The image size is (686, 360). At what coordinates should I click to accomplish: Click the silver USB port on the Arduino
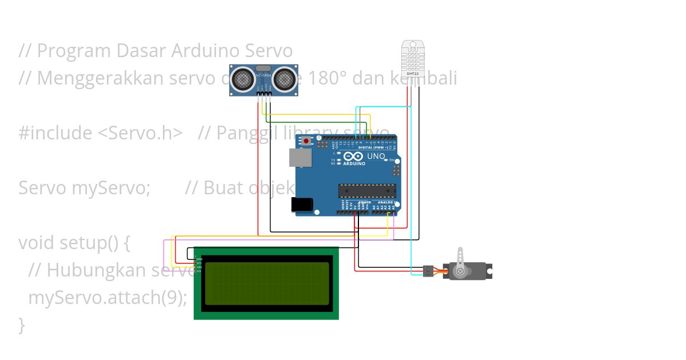click(300, 158)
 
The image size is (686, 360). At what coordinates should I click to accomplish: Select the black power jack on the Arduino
click(302, 205)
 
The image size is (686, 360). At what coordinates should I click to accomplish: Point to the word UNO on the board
click(376, 156)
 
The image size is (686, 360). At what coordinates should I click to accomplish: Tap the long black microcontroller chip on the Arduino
click(366, 190)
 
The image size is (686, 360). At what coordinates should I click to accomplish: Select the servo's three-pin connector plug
click(428, 271)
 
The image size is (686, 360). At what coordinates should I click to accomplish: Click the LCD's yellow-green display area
click(267, 283)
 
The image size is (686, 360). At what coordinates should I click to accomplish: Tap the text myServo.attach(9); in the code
click(107, 298)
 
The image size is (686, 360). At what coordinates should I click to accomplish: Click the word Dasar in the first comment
click(141, 51)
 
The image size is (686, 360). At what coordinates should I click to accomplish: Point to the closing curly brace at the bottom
click(22, 325)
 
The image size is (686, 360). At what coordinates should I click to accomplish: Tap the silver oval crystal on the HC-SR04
click(264, 68)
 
